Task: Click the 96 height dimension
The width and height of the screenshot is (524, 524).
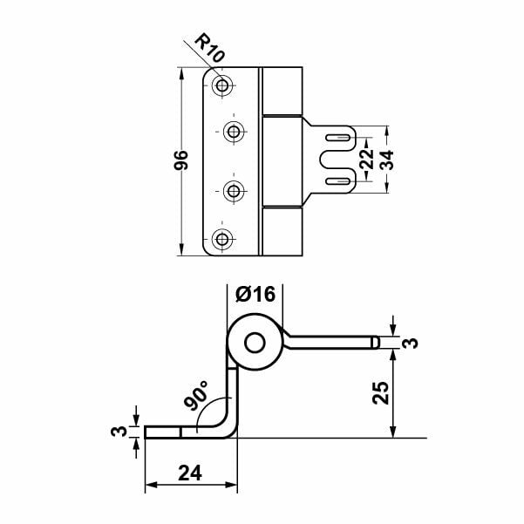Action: (181, 161)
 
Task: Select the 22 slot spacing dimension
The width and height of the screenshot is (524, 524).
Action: (367, 160)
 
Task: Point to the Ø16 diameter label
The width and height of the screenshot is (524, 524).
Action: (255, 294)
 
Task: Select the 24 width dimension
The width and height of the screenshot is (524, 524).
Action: (190, 473)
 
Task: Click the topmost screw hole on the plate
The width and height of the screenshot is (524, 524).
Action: (222, 85)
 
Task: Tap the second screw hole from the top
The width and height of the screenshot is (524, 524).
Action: (234, 132)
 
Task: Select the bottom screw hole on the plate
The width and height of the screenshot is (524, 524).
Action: (222, 238)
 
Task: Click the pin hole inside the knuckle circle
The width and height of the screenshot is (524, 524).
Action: (255, 343)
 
